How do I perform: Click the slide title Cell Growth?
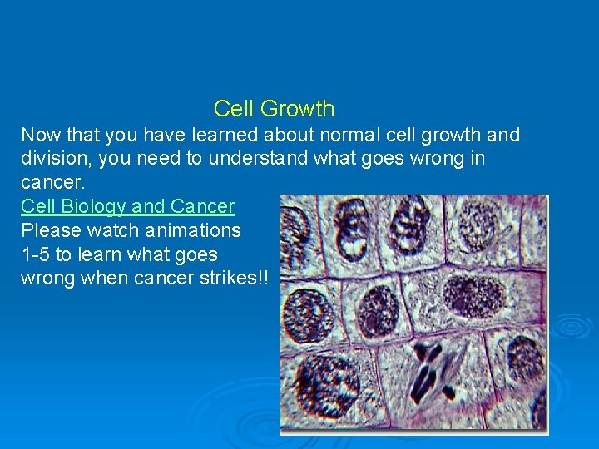tap(274, 109)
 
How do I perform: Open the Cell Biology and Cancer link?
tap(127, 206)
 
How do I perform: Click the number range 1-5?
tap(35, 254)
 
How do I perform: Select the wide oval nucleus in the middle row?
tap(475, 295)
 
